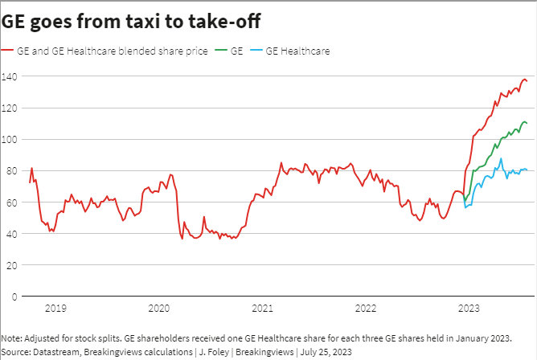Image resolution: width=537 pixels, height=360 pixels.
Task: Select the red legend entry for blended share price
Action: tap(113, 51)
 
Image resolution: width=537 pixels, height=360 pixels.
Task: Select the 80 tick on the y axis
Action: tap(9, 170)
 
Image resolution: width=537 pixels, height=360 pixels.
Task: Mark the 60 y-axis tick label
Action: tap(9, 202)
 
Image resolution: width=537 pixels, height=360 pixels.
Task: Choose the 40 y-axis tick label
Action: tap(9, 233)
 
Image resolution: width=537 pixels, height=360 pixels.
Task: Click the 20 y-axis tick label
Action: tap(9, 264)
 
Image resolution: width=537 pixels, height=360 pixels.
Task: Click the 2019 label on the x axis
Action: tap(55, 308)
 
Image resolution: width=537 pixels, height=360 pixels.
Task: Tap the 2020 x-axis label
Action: tap(158, 308)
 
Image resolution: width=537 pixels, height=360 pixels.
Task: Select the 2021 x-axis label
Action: tap(262, 308)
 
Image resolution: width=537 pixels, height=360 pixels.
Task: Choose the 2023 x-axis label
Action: tap(469, 308)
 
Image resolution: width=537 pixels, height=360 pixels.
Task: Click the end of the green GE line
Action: tap(527, 123)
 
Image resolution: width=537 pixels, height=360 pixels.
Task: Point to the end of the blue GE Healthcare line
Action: tap(527, 170)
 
